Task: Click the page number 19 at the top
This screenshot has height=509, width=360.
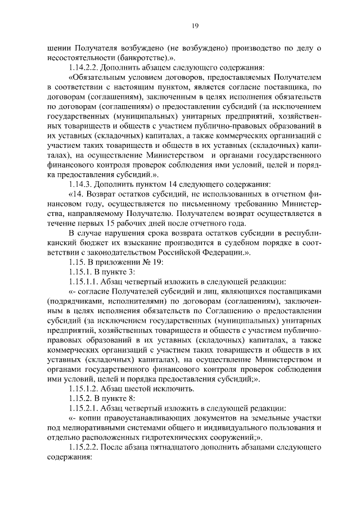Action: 195,25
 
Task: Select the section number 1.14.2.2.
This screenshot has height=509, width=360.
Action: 84,67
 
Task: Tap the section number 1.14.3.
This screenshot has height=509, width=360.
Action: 81,183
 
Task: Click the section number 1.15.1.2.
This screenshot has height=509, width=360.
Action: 84,389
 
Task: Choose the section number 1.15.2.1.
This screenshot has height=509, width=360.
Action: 84,408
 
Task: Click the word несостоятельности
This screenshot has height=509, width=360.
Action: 85,57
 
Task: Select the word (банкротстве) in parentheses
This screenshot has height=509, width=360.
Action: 147,57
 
